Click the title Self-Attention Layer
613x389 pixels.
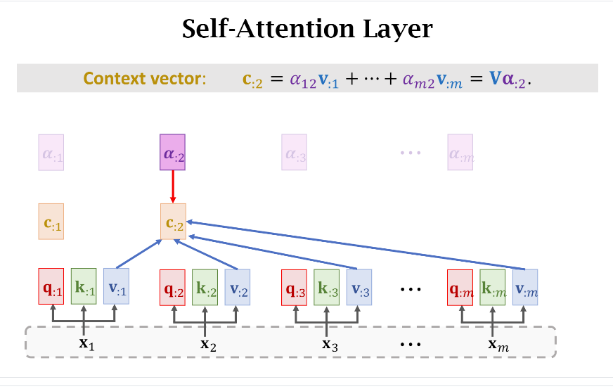307,30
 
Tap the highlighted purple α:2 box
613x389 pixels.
172,153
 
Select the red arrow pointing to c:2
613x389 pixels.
172,188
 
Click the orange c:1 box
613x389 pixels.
51,222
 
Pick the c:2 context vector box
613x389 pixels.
172,222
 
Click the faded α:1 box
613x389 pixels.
51,153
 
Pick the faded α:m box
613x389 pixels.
460,153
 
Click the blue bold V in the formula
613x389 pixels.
496,79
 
